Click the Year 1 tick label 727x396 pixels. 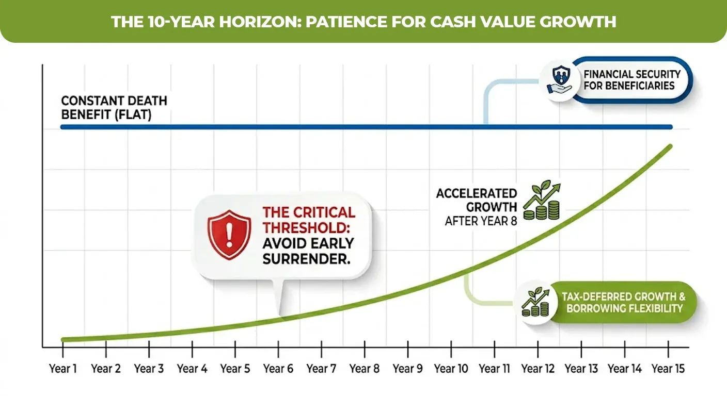click(63, 369)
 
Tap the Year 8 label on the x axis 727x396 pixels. click(364, 369)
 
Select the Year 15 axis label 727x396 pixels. click(669, 369)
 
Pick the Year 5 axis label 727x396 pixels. click(235, 369)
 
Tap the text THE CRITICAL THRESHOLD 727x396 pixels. click(309, 220)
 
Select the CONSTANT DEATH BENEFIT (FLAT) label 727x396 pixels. click(114, 107)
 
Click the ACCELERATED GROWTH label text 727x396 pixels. click(476, 200)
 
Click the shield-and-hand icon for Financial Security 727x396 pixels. click(560, 80)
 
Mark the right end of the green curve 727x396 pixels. click(671, 146)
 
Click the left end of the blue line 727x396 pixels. click(62, 127)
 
